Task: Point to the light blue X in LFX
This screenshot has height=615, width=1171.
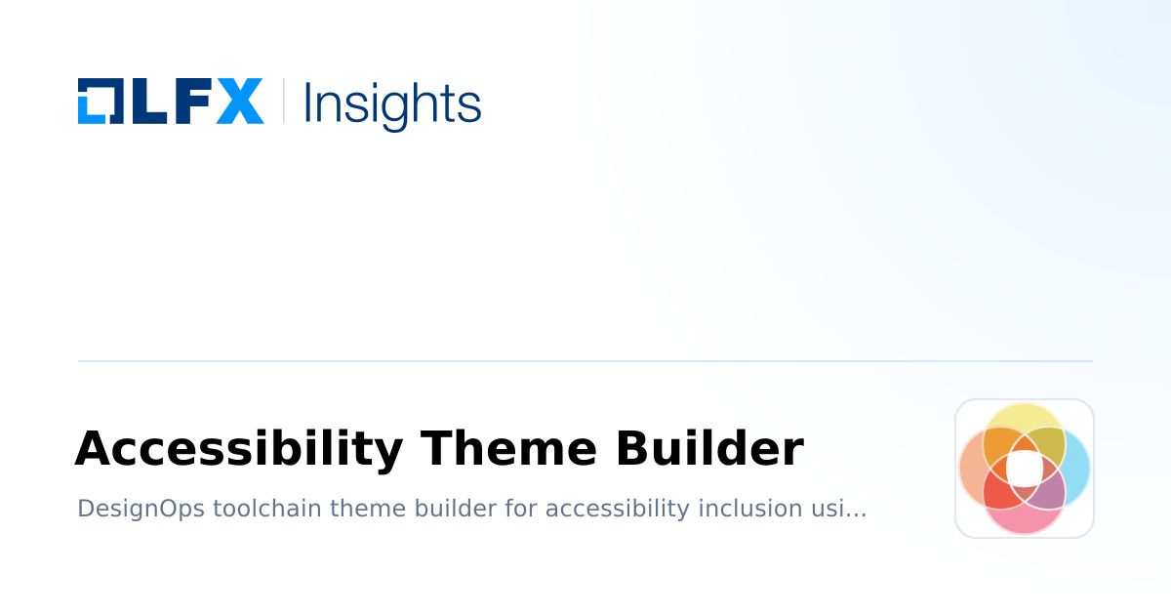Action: click(x=240, y=102)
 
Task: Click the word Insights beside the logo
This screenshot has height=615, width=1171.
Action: click(x=392, y=103)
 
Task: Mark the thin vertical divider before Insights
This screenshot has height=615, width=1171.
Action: click(x=284, y=102)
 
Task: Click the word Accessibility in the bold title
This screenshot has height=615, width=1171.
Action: click(x=239, y=450)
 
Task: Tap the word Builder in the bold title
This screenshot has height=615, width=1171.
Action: click(x=709, y=450)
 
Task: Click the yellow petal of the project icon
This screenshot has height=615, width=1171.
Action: click(x=1024, y=420)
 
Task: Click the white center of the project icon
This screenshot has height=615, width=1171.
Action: click(x=1024, y=469)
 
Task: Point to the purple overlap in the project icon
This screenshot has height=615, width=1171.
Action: click(x=1049, y=490)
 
